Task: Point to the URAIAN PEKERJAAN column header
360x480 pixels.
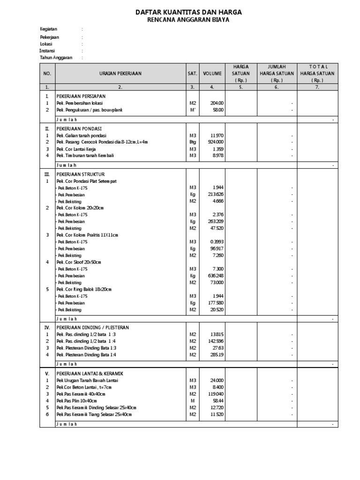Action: coord(120,74)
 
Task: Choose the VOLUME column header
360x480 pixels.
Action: coord(212,74)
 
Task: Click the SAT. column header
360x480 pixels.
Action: coord(192,74)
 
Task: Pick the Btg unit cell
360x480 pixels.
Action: coord(192,142)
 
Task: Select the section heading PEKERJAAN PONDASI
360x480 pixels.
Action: coord(79,128)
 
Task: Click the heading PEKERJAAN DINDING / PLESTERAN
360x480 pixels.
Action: coord(92,327)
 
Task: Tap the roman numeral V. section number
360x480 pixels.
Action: coord(47,374)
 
